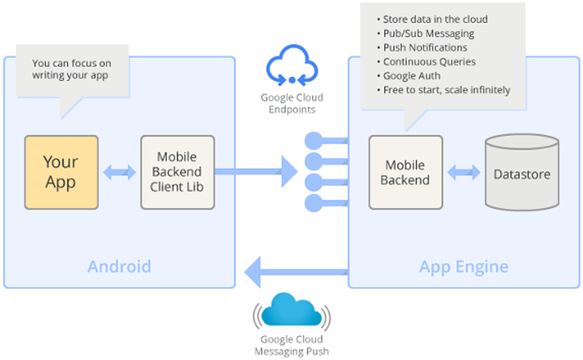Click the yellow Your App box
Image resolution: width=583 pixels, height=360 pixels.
tap(61, 173)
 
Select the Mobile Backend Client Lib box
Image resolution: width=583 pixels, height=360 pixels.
tap(177, 173)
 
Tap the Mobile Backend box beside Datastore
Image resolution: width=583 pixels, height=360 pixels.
tap(405, 173)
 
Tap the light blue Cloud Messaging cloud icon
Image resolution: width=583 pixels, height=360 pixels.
tap(291, 311)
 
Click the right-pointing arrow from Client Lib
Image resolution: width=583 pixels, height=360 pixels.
tap(260, 172)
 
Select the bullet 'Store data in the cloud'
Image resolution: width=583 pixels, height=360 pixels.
tap(434, 20)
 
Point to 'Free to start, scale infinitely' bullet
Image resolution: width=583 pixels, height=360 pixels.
tap(446, 90)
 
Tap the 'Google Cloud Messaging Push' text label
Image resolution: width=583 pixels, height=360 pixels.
tap(292, 345)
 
